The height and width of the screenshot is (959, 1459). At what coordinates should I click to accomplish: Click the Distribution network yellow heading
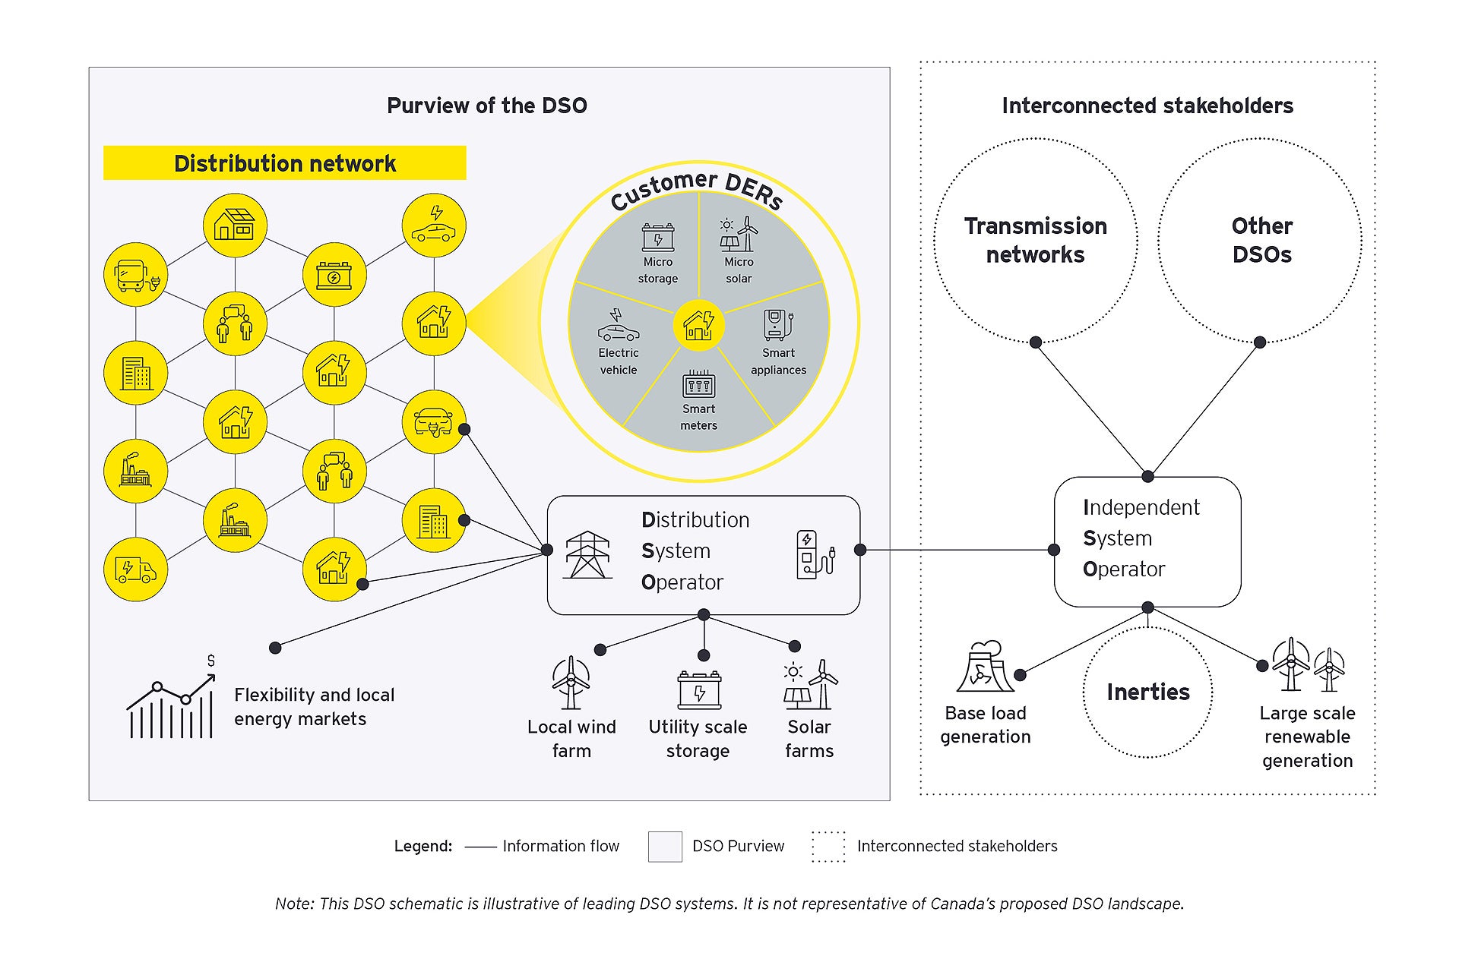(284, 163)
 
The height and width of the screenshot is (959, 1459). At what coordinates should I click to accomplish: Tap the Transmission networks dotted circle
(1035, 241)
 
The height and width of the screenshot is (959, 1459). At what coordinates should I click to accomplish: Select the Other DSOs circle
(1261, 241)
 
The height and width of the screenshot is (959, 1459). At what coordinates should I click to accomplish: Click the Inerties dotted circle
(1147, 692)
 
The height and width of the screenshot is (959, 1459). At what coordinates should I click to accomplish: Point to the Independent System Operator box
(1147, 541)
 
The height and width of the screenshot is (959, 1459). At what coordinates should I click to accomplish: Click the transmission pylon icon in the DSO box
(587, 555)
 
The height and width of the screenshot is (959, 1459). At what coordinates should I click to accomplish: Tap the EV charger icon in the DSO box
(814, 555)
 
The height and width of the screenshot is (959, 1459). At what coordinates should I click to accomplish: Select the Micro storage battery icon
(657, 237)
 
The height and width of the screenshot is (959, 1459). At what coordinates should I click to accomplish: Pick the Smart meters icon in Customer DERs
(698, 384)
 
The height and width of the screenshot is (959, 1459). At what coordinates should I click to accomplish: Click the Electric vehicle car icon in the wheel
(618, 328)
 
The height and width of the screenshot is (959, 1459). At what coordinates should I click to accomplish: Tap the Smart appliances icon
(778, 325)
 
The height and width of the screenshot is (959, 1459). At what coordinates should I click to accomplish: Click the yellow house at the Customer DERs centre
(698, 326)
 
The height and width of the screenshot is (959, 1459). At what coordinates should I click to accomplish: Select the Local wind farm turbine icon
(570, 683)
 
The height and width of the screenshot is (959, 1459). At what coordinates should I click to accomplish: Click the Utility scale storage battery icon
(699, 689)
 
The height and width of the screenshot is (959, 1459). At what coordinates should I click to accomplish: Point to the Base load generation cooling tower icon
(985, 667)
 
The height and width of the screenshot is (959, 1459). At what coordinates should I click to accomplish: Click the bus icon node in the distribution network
(135, 275)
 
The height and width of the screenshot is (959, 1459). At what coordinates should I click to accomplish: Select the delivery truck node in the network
(135, 569)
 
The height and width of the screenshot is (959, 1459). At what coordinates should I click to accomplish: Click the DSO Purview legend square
(664, 846)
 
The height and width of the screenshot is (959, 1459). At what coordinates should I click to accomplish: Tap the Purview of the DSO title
(486, 106)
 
